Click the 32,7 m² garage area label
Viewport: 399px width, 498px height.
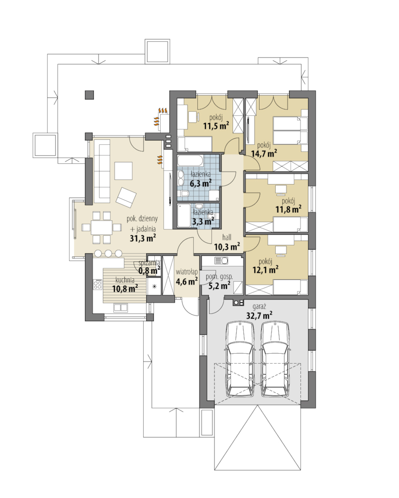[259, 316]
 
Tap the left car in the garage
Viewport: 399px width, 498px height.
[240, 359]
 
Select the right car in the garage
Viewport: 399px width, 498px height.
[276, 359]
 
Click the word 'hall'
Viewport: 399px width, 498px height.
[227, 237]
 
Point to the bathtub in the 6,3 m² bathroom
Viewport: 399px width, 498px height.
[190, 161]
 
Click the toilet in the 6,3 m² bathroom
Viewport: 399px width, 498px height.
[185, 194]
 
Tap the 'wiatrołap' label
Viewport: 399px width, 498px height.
[187, 272]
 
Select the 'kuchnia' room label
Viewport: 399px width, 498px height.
[125, 280]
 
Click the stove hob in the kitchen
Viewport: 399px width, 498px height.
[98, 284]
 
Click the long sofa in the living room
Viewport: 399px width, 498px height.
[101, 173]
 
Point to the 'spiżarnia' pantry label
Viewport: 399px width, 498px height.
[149, 263]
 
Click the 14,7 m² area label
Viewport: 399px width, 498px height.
[264, 154]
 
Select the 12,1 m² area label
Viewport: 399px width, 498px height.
[265, 270]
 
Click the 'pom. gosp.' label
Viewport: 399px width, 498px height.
[219, 277]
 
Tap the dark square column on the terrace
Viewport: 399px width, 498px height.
[89, 95]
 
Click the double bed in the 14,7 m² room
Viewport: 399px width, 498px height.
[291, 131]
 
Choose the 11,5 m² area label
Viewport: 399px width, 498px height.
[216, 126]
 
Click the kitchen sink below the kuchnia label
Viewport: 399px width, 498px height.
[121, 308]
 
